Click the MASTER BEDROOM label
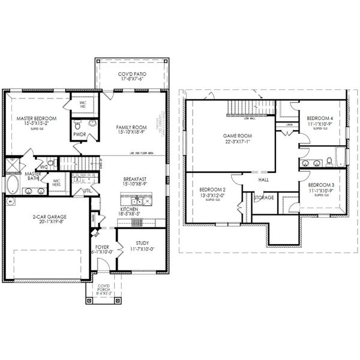coord(37,119)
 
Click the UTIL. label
coord(86,191)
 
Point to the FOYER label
coord(102,247)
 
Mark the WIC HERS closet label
coord(57,182)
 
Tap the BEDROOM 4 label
coord(319,118)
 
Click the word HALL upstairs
coord(263,179)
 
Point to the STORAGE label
coord(264,197)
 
